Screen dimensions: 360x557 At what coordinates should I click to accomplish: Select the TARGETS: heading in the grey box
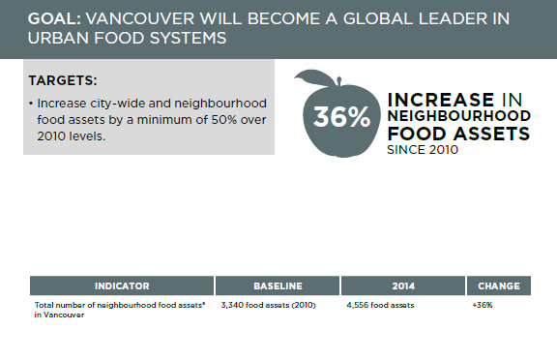click(63, 80)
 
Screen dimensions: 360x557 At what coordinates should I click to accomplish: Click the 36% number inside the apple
click(341, 117)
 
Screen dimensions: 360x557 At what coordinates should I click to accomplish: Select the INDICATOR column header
click(121, 286)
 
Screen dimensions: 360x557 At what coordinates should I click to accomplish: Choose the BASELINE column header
click(278, 286)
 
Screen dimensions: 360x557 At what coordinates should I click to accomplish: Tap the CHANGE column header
click(498, 286)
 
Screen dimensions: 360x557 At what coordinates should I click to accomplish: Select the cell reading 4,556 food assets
click(380, 305)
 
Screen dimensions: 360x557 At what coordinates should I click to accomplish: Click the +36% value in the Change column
click(483, 305)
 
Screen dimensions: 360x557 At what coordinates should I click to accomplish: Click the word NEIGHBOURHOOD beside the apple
click(457, 116)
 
